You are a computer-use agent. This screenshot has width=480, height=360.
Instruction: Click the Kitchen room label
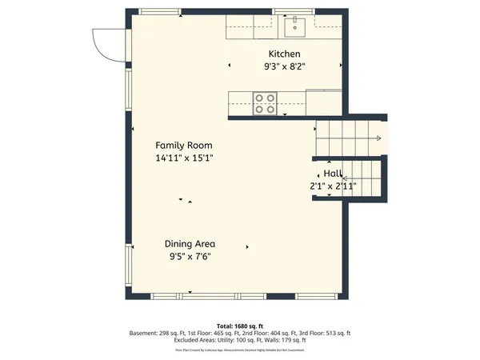[284, 54]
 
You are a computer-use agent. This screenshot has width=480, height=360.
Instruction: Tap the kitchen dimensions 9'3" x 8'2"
[284, 67]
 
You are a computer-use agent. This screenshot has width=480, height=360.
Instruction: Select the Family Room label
[184, 146]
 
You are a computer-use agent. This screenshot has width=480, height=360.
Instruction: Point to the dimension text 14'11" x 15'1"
[184, 158]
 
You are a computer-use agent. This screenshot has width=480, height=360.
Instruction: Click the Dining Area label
[190, 244]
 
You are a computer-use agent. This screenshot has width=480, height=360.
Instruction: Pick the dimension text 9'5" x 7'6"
[190, 257]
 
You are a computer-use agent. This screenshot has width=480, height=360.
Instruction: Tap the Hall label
[333, 174]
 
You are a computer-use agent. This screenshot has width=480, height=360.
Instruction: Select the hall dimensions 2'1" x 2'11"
[333, 186]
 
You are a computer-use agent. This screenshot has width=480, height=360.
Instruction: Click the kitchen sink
[294, 28]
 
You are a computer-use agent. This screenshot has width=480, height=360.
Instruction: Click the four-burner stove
[266, 102]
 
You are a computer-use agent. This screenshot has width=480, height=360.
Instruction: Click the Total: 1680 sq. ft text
[240, 326]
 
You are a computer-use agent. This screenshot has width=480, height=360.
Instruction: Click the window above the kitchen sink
[295, 11]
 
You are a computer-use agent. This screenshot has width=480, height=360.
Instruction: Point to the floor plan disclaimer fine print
[240, 350]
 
